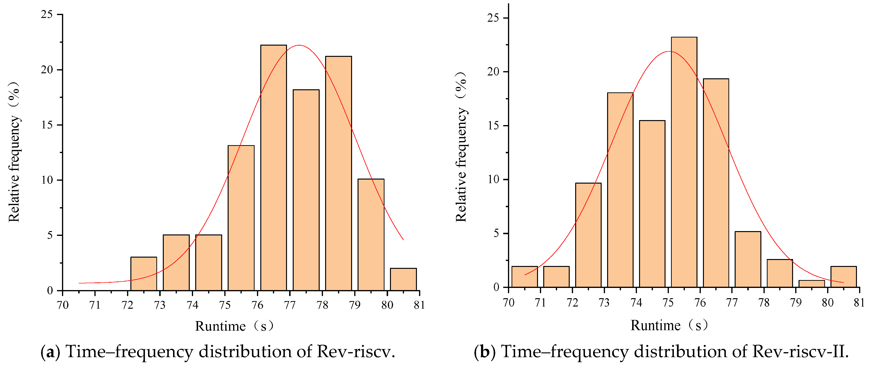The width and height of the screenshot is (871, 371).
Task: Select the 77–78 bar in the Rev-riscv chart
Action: click(x=306, y=190)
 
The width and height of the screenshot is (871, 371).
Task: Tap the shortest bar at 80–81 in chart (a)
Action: click(x=403, y=279)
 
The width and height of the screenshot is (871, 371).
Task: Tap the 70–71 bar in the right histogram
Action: click(x=524, y=277)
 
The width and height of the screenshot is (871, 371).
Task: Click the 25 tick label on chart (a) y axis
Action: click(x=47, y=15)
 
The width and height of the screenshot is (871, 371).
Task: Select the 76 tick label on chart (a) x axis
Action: click(x=257, y=305)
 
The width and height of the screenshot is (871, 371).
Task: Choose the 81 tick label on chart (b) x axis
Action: click(x=859, y=302)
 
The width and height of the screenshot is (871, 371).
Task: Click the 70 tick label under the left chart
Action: click(x=63, y=305)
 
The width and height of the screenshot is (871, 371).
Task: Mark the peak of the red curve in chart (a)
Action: click(x=299, y=45)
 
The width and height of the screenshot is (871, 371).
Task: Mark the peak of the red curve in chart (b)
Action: click(x=670, y=52)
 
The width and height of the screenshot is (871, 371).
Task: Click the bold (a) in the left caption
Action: click(x=50, y=352)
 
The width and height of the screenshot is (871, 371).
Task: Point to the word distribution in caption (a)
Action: click(x=245, y=352)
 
